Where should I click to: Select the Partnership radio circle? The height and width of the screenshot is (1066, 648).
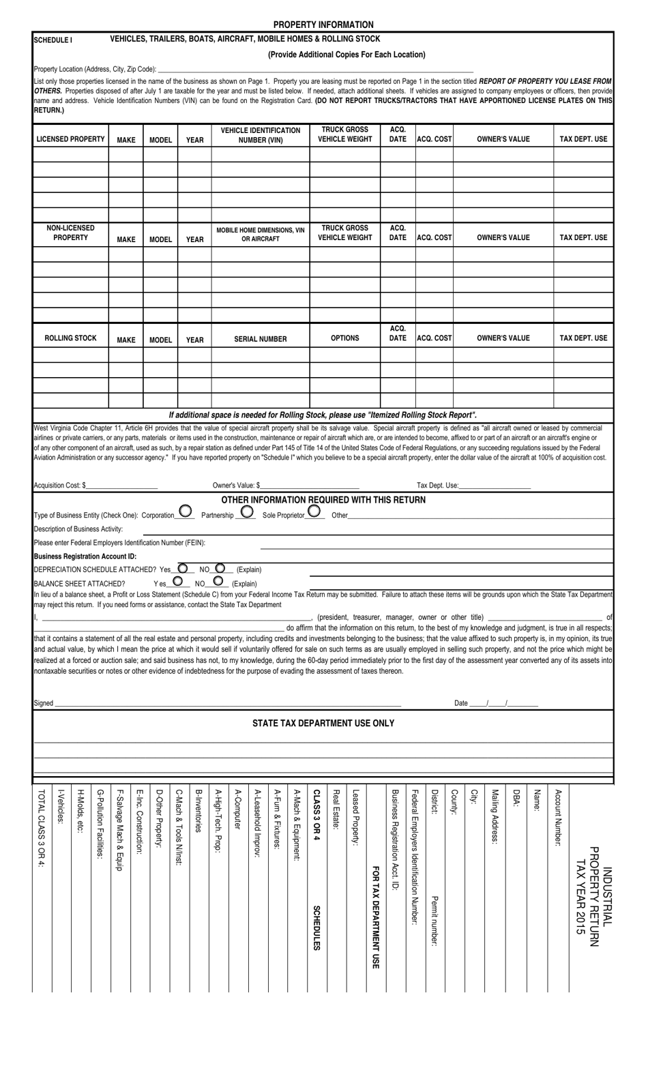pyautogui.click(x=247, y=511)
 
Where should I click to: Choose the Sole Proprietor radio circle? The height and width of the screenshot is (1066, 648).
pyautogui.click(x=314, y=511)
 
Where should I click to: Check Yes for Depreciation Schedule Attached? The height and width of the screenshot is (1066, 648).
pyautogui.click(x=183, y=567)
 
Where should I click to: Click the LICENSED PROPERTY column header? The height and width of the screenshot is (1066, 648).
pyautogui.click(x=70, y=139)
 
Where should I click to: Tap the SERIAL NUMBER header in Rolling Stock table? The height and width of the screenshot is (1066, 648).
pyautogui.click(x=261, y=339)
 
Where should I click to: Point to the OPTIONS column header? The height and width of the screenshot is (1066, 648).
pyautogui.click(x=344, y=338)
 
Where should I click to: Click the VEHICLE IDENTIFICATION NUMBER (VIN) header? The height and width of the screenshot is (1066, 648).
pyautogui.click(x=261, y=135)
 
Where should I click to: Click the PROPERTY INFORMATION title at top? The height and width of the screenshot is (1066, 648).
pyautogui.click(x=323, y=25)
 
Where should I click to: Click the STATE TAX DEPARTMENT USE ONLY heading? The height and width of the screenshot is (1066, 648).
pyautogui.click(x=323, y=723)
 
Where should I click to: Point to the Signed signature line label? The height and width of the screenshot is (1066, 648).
pyautogui.click(x=43, y=703)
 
